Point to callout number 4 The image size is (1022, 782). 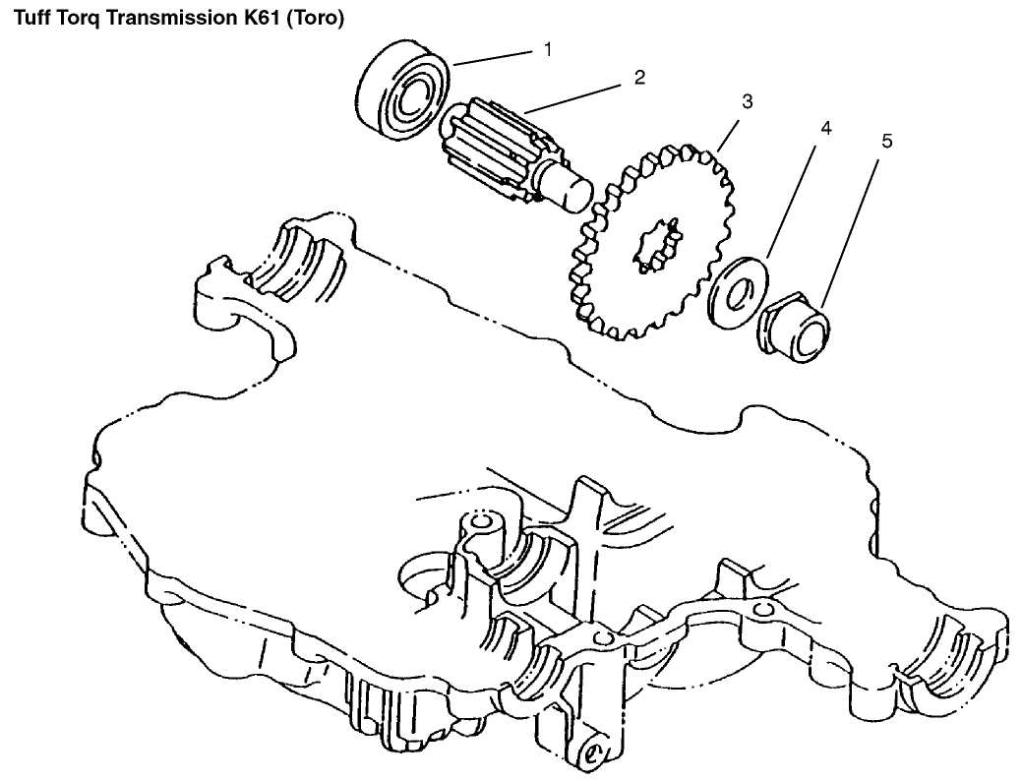825,129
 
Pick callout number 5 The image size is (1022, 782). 886,142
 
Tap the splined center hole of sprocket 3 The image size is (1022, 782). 654,246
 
